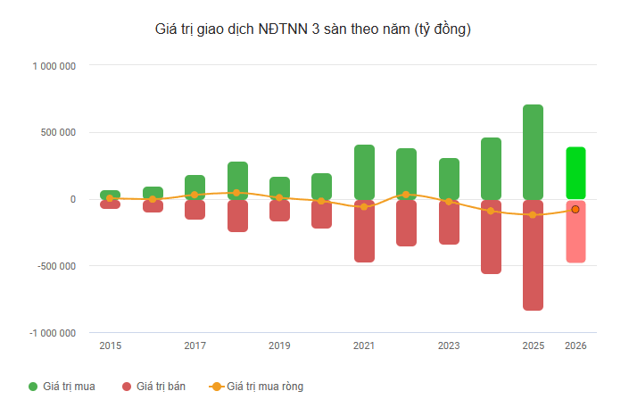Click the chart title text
[313, 29]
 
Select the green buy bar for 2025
[534, 152]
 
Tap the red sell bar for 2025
[534, 255]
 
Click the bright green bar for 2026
[575, 173]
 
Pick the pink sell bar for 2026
[575, 232]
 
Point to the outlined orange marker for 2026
[575, 209]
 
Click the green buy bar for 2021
[364, 172]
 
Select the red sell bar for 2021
[364, 231]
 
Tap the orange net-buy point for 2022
[406, 195]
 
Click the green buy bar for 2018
[237, 180]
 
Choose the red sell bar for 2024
[491, 237]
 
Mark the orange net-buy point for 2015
[110, 198]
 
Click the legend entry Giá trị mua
[62, 387]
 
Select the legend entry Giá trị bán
[153, 387]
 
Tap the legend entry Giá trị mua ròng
[256, 387]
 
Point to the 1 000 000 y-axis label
[54, 66]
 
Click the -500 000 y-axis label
[56, 266]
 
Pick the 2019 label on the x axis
[279, 346]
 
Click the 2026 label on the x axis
[575, 346]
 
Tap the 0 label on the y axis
[73, 199]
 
